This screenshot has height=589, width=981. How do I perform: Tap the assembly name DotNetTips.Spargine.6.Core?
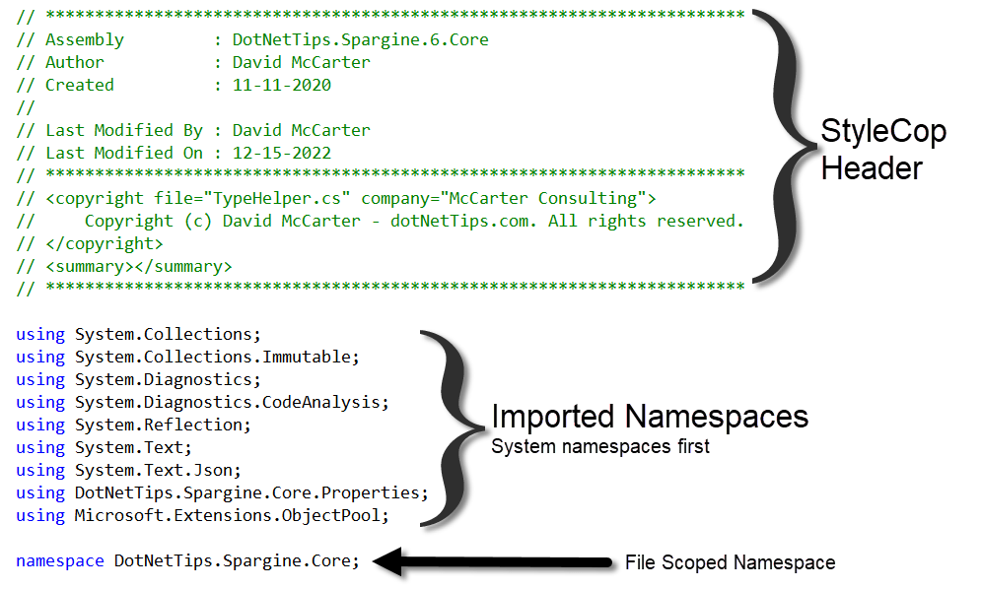[360, 40]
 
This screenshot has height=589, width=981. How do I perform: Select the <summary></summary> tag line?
[139, 266]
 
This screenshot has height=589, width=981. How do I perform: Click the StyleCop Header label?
[883, 150]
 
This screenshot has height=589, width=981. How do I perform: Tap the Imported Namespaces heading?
[650, 417]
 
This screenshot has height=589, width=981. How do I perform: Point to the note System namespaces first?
[600, 447]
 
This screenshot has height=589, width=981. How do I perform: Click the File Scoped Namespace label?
[730, 563]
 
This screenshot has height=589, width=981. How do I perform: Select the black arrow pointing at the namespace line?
[493, 561]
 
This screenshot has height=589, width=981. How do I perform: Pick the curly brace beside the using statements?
[448, 426]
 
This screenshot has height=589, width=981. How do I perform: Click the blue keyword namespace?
[59, 561]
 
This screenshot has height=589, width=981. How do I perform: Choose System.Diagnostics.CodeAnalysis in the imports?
[232, 402]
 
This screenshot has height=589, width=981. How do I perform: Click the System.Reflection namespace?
[163, 425]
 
